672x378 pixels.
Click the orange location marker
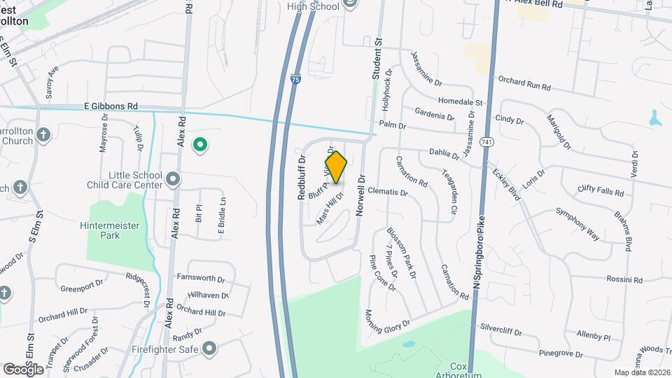[336, 167]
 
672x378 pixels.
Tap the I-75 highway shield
[297, 80]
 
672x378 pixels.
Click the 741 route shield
[484, 142]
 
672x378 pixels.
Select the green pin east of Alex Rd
[200, 145]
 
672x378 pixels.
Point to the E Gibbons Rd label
[111, 106]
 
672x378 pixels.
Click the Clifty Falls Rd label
[600, 190]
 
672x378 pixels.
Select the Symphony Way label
[577, 223]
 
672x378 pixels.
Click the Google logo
[24, 369]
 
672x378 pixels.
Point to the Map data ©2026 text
[641, 372]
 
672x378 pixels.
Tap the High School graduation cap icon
[351, 5]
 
